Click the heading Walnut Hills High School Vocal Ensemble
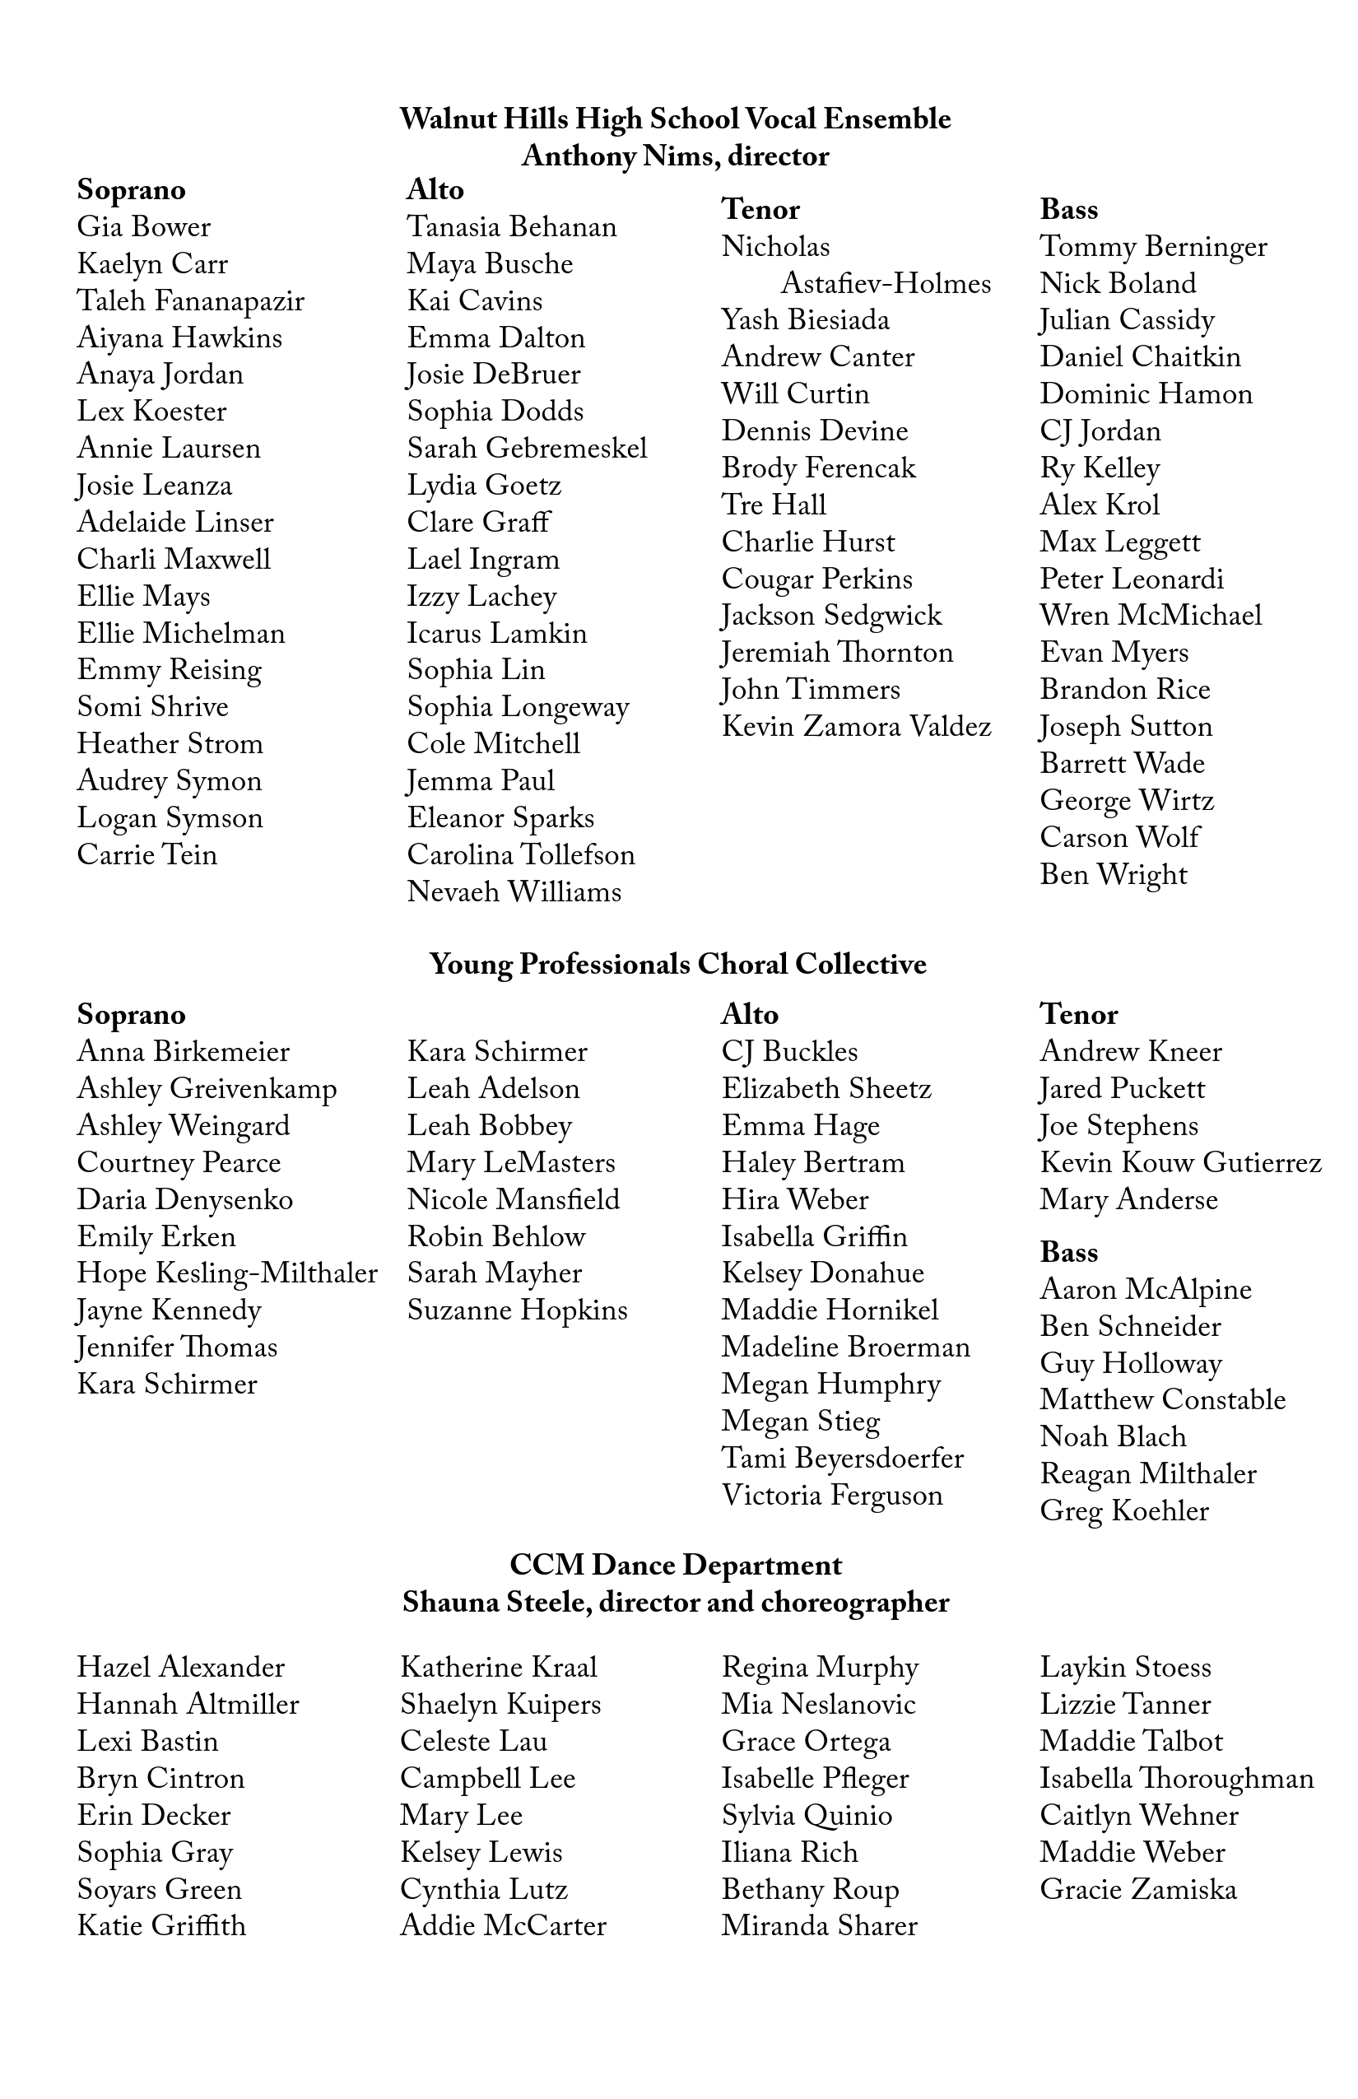pyautogui.click(x=676, y=119)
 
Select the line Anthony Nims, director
pyautogui.click(x=676, y=156)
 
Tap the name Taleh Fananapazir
pyautogui.click(x=190, y=301)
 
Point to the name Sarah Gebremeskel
pyautogui.click(x=527, y=449)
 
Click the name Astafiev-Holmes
pyautogui.click(x=886, y=284)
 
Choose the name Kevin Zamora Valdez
pyautogui.click(x=856, y=728)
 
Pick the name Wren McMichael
pyautogui.click(x=1151, y=617)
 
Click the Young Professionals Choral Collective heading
pyautogui.click(x=678, y=965)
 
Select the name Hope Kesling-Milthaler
pyautogui.click(x=226, y=1273)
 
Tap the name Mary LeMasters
pyautogui.click(x=510, y=1163)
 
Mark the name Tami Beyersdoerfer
pyautogui.click(x=842, y=1459)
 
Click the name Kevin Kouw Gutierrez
pyautogui.click(x=1181, y=1163)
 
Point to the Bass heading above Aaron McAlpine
pyautogui.click(x=1069, y=1252)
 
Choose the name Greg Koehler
pyautogui.click(x=1124, y=1510)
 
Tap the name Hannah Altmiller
pyautogui.click(x=188, y=1705)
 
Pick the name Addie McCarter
pyautogui.click(x=503, y=1926)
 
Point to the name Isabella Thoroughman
pyautogui.click(x=1176, y=1779)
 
